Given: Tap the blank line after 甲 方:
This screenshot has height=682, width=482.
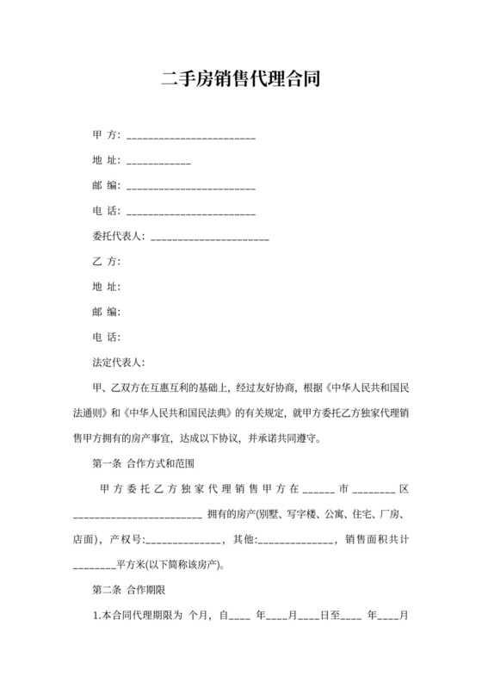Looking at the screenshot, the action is click(x=190, y=137).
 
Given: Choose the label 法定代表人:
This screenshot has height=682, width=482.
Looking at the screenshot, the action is click(x=119, y=362).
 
